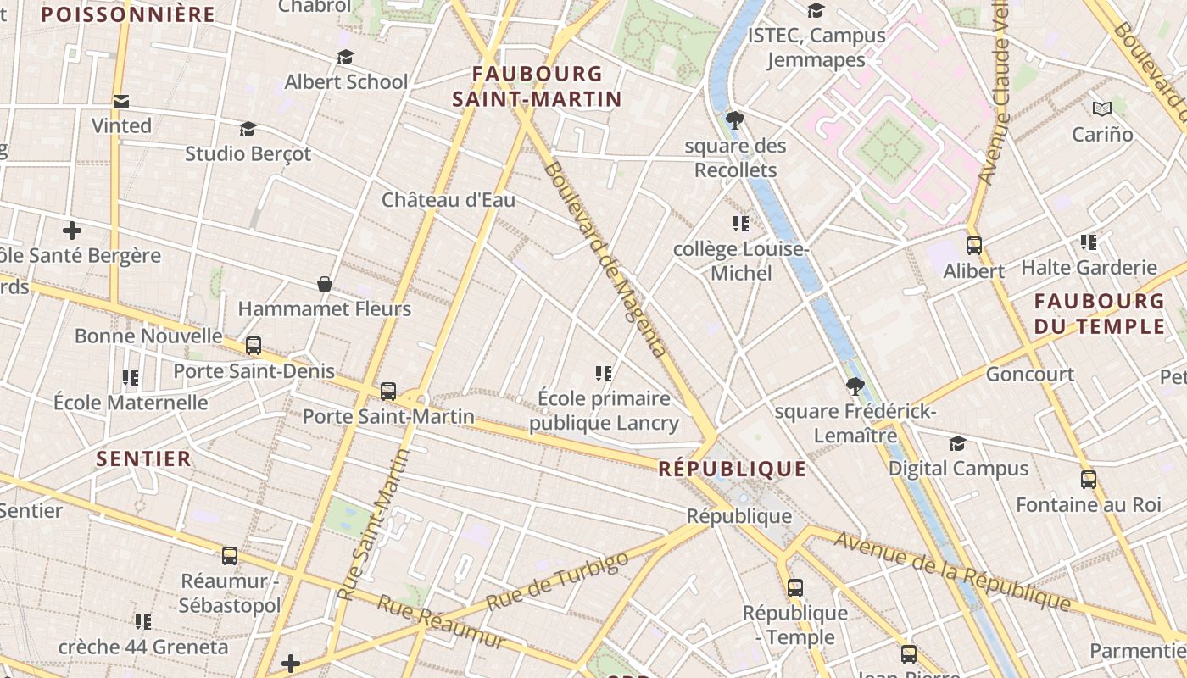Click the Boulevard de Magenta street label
click(603, 258)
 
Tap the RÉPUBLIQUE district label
click(732, 469)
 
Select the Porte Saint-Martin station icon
click(388, 391)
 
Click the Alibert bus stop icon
click(974, 246)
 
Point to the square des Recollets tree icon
click(735, 119)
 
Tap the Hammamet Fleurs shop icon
click(324, 283)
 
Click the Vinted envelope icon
click(121, 102)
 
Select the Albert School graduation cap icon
click(345, 57)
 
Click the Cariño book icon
click(1101, 108)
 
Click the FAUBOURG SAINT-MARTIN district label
click(537, 86)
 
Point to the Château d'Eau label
click(448, 200)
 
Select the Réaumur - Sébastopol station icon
click(230, 556)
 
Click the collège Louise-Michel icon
click(741, 224)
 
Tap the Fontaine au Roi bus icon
click(1089, 480)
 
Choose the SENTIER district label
click(143, 458)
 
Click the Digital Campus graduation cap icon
click(957, 443)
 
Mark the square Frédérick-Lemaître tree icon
click(855, 386)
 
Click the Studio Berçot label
click(248, 154)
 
